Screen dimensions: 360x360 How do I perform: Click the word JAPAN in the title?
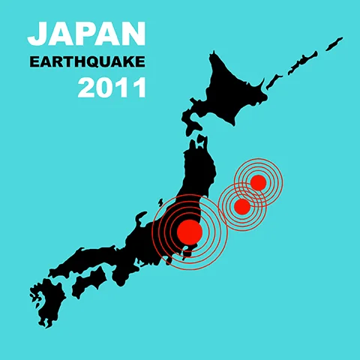pyautogui.click(x=86, y=33)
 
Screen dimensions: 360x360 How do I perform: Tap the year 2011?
pyautogui.click(x=112, y=88)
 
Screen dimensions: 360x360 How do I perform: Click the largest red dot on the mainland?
pyautogui.click(x=189, y=231)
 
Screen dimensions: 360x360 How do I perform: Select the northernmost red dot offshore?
pyautogui.click(x=258, y=182)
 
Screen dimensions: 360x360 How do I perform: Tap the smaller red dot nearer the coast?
pyautogui.click(x=241, y=205)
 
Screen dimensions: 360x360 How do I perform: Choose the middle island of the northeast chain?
pyautogui.click(x=306, y=57)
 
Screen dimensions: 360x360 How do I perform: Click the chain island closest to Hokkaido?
pyautogui.click(x=280, y=73)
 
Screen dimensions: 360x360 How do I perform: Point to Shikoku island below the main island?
pyautogui.click(x=89, y=281)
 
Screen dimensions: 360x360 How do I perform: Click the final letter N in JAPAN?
pyautogui.click(x=132, y=33)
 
